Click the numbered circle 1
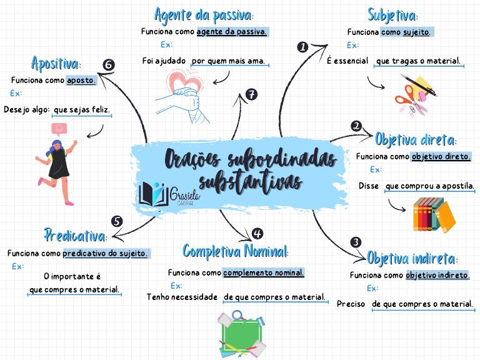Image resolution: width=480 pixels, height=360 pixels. click(x=302, y=47)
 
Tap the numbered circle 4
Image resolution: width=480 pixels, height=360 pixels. click(x=257, y=234)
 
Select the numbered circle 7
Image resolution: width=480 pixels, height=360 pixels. click(x=251, y=94)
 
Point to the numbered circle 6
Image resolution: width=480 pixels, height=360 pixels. click(x=108, y=64)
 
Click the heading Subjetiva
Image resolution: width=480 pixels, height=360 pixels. click(x=392, y=14)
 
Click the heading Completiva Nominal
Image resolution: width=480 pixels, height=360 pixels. click(x=236, y=251)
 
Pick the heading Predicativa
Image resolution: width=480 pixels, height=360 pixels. click(x=75, y=236)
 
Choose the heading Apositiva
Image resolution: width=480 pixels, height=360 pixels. click(x=56, y=63)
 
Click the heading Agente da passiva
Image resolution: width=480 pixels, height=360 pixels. click(x=204, y=14)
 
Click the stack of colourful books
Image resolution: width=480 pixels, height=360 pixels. click(x=434, y=214)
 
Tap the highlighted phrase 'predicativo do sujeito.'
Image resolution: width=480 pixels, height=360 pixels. click(x=106, y=254)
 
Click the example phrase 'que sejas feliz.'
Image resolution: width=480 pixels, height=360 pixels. click(x=82, y=110)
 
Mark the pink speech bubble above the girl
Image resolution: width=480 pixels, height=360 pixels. click(x=60, y=129)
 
